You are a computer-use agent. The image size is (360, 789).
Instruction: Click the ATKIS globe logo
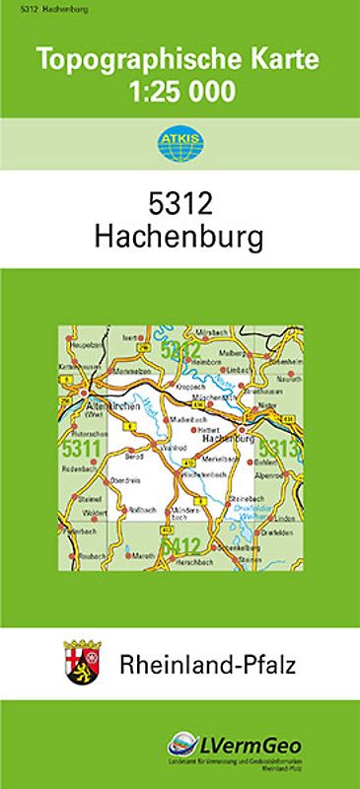click(x=179, y=144)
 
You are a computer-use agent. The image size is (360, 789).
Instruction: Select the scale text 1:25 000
click(x=179, y=92)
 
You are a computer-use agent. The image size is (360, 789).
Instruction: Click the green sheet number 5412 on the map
click(x=180, y=545)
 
